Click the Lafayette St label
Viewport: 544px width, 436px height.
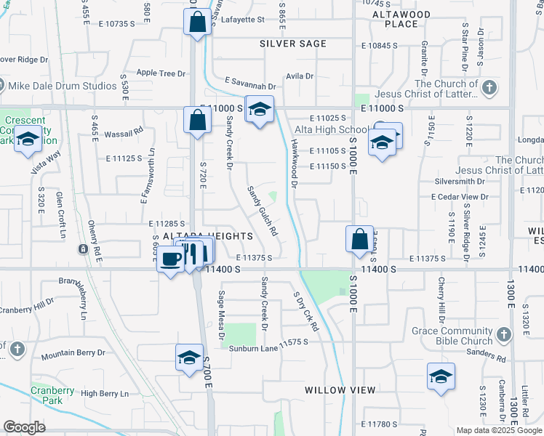click(242, 20)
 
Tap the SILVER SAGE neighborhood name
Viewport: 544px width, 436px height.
click(293, 44)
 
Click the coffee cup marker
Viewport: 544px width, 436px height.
click(171, 259)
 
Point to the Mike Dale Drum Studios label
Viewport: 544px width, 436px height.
click(62, 86)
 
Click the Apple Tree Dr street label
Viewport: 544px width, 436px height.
click(161, 73)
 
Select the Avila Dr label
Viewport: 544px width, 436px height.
click(299, 76)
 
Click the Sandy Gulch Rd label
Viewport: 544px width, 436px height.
click(262, 211)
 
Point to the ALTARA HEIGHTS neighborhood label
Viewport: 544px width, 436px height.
click(207, 236)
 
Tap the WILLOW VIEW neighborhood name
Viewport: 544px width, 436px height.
click(340, 390)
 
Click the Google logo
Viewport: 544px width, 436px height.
click(25, 427)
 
